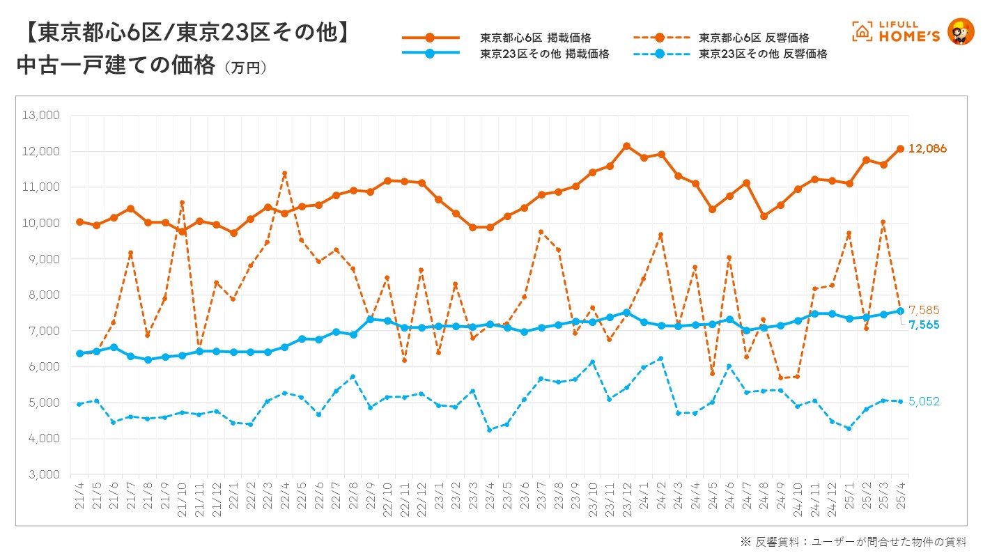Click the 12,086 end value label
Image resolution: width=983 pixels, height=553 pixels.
(x=927, y=148)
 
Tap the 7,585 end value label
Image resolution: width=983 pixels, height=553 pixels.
(x=924, y=310)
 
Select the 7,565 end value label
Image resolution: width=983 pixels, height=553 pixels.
(x=924, y=325)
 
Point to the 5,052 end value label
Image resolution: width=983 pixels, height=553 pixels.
(x=924, y=401)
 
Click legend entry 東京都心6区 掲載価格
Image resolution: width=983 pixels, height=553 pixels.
(x=535, y=38)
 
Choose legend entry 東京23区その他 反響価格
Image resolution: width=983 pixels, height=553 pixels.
(x=763, y=54)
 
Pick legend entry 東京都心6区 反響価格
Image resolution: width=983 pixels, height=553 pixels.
(x=754, y=38)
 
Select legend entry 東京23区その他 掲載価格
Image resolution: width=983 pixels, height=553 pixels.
(x=544, y=54)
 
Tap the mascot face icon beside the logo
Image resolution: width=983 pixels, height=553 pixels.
(x=961, y=31)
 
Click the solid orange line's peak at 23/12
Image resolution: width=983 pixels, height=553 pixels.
(x=626, y=146)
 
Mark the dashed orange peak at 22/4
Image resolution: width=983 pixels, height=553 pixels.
(x=284, y=173)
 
